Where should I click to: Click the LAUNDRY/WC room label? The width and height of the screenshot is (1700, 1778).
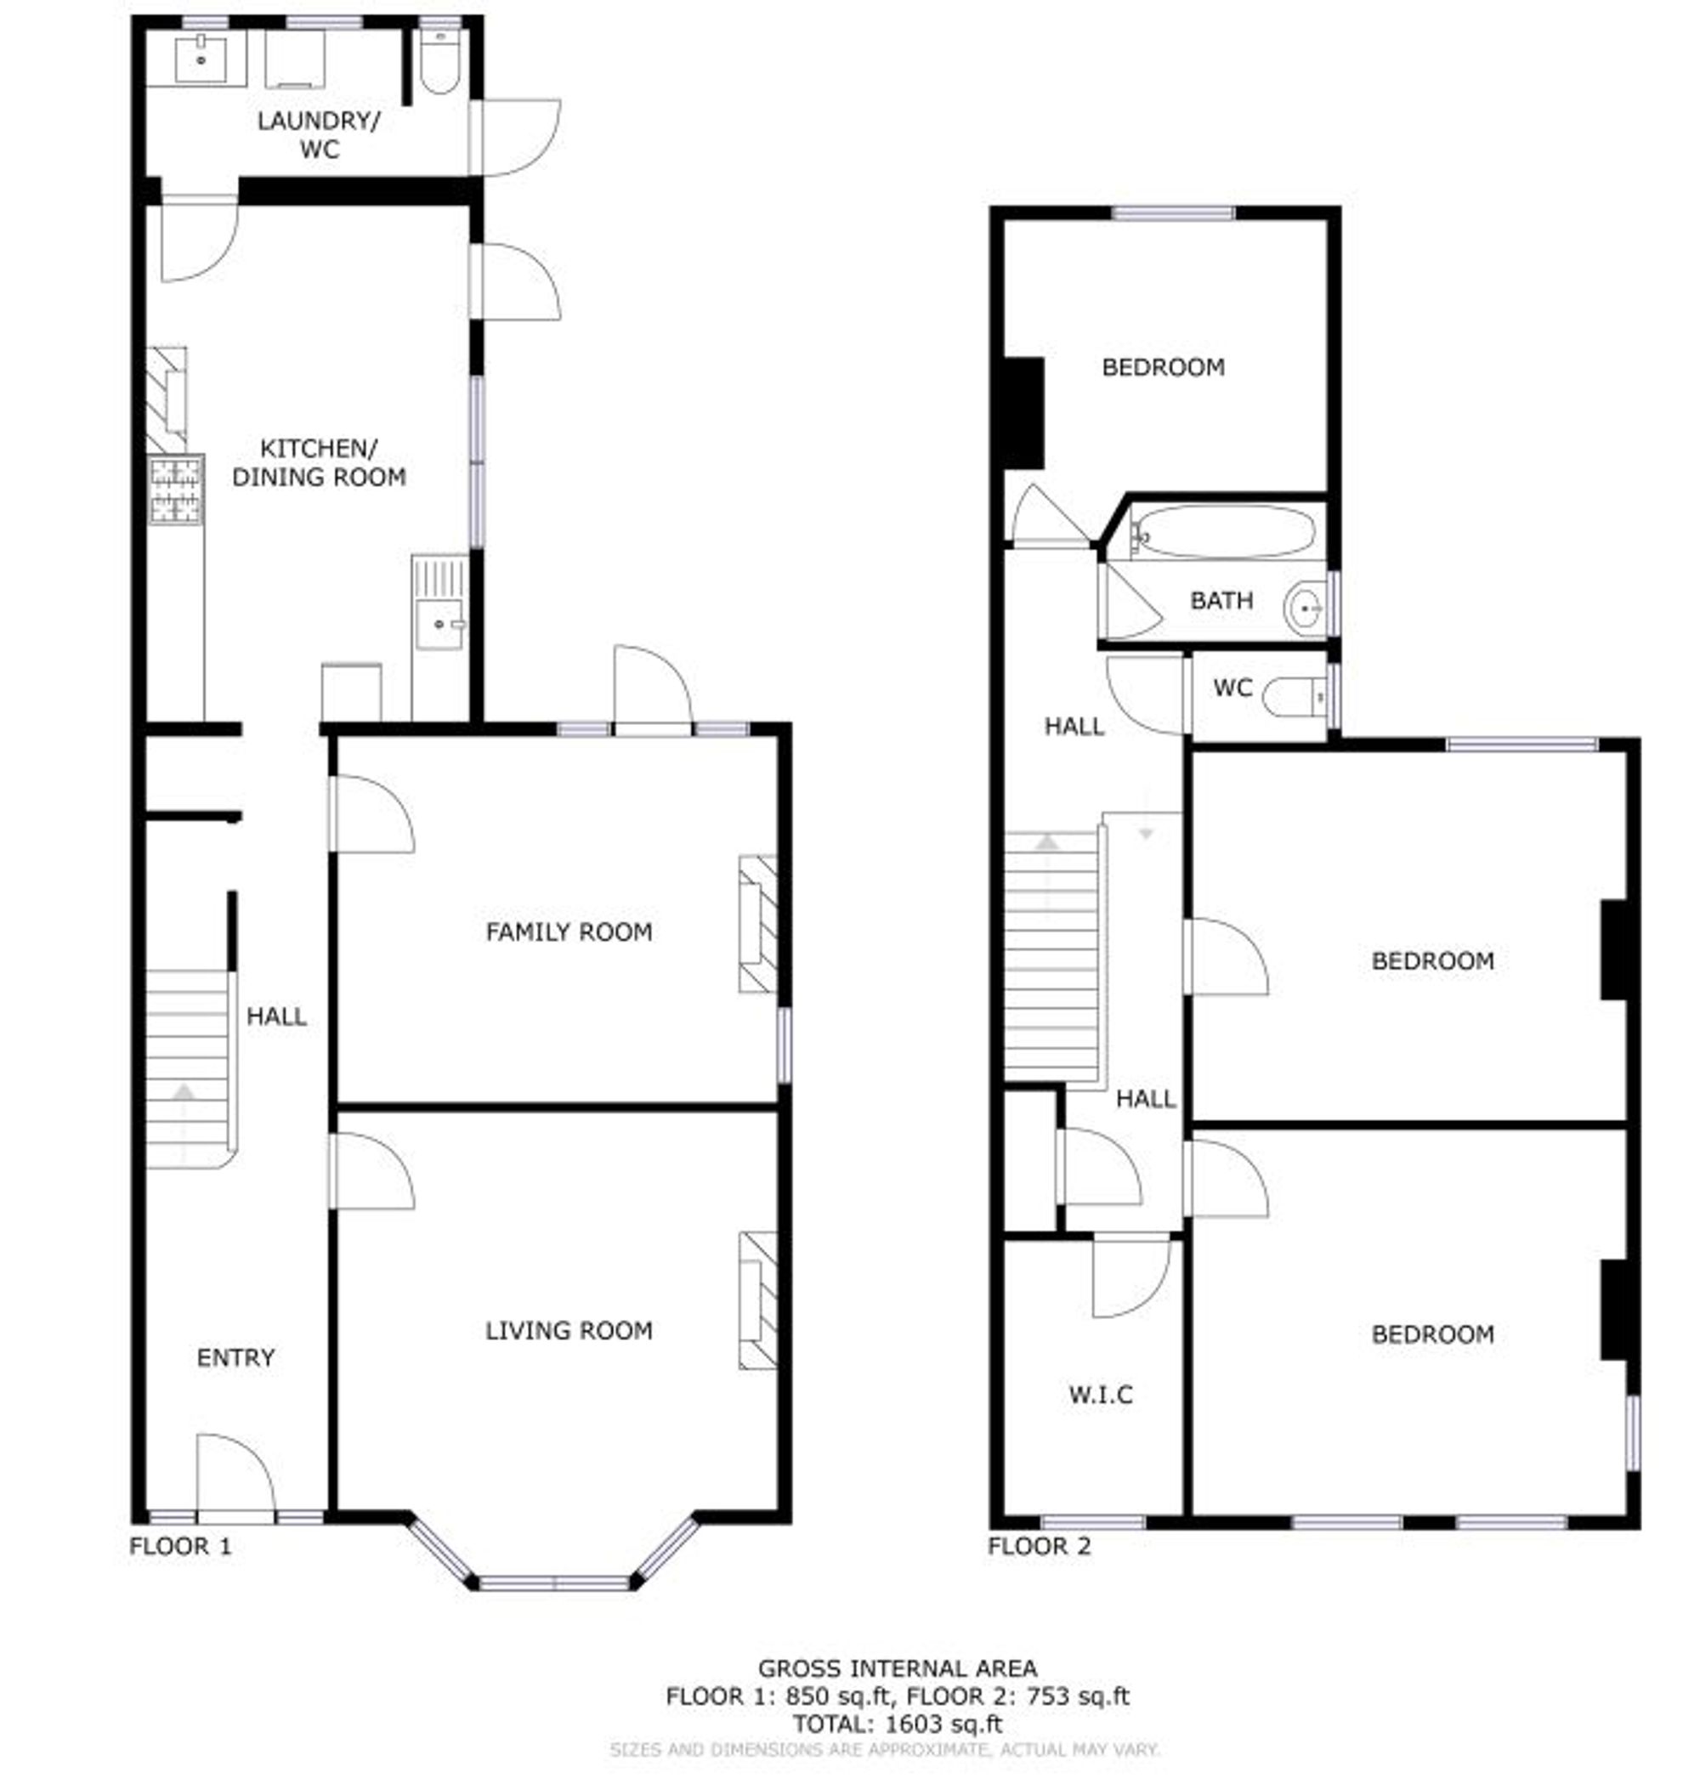pos(319,134)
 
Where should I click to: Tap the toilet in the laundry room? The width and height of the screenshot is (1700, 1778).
pos(440,62)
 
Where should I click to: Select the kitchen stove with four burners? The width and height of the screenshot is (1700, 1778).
pos(176,490)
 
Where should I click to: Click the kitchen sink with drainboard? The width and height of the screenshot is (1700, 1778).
pos(439,603)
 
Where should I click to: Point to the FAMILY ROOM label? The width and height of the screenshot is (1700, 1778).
pos(569,931)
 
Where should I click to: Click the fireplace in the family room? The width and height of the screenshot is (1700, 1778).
pos(758,924)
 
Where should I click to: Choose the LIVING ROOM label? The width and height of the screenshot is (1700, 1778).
pos(569,1330)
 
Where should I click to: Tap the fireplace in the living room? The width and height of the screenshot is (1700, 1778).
pos(758,1300)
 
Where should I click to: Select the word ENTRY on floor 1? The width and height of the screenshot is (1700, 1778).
pos(235,1357)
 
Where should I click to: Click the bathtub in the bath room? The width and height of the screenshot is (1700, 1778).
pos(1223,531)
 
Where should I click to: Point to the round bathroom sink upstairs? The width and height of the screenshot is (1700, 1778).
pos(1305,607)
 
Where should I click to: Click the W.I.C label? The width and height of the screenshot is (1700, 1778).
pos(1101,1395)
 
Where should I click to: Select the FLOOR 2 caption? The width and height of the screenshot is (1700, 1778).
pos(1040,1547)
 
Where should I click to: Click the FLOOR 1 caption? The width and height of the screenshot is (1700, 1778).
pos(181,1547)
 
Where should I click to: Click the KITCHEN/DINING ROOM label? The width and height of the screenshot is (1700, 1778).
pos(319,463)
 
